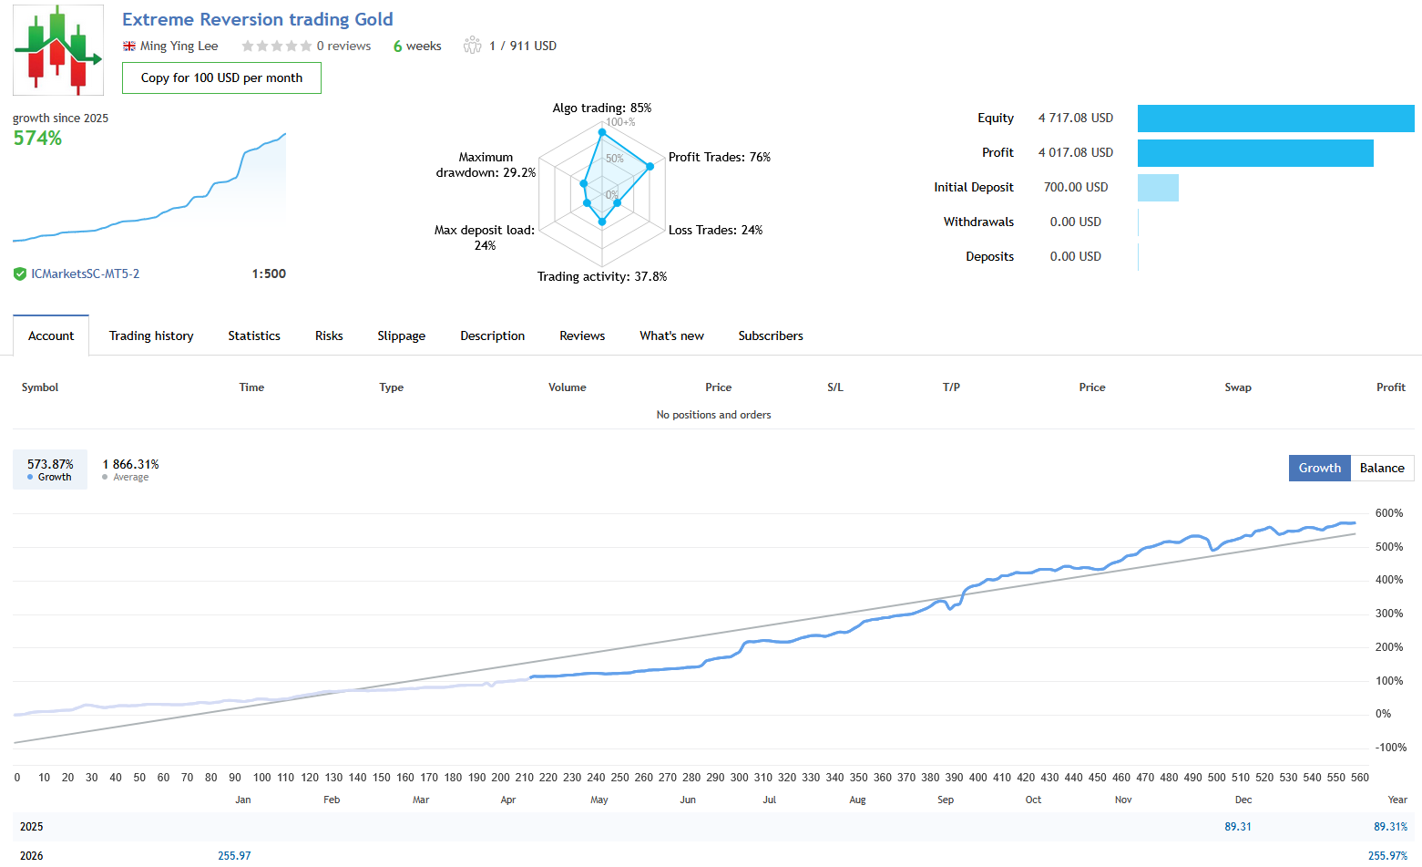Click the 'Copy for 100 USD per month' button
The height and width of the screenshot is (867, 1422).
click(x=221, y=78)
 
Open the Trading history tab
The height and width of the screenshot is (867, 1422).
click(x=151, y=336)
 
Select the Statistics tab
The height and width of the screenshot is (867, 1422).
click(x=254, y=336)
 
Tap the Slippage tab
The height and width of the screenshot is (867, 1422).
click(x=401, y=336)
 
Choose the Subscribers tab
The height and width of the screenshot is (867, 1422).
click(x=771, y=336)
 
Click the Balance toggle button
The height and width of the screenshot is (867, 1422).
click(x=1381, y=469)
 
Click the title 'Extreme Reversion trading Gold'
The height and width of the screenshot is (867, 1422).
click(x=258, y=20)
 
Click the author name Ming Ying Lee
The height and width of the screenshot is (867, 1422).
click(x=179, y=46)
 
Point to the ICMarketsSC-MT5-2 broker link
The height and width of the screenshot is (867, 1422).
click(x=85, y=274)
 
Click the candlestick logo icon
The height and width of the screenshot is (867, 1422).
click(x=58, y=50)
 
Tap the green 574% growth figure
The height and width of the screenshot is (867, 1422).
click(x=37, y=139)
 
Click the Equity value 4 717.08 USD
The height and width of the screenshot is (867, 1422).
click(x=1075, y=119)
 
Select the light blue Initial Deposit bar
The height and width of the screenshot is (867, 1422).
click(x=1158, y=188)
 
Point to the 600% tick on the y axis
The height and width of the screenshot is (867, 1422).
click(x=1388, y=513)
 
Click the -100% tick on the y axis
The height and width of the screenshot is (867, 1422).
click(x=1391, y=748)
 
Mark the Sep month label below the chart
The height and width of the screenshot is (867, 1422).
click(x=946, y=800)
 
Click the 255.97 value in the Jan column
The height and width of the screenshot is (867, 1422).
click(x=234, y=856)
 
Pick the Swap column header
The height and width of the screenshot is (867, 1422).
click(x=1237, y=387)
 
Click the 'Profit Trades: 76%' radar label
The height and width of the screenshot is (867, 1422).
click(x=719, y=158)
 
